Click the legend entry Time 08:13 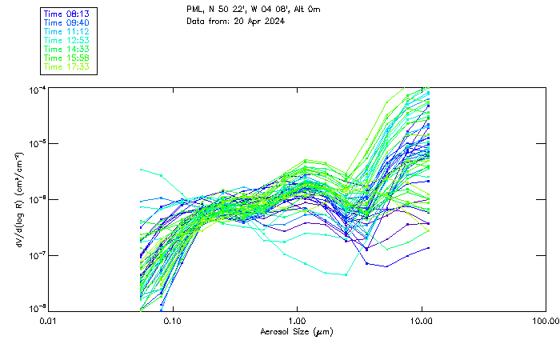66,14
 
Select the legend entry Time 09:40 66,22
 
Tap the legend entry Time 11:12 66,31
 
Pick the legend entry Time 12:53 66,40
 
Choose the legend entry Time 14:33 66,49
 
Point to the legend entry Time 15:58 66,58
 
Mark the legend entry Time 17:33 66,66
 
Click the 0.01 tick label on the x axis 49,321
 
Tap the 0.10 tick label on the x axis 173,321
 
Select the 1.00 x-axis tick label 297,321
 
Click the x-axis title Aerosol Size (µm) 297,331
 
